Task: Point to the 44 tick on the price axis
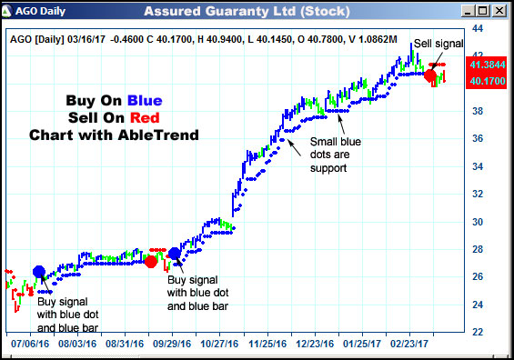coord(477,29)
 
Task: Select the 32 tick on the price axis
coord(477,195)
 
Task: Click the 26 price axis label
coord(477,277)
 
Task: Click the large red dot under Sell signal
coord(430,75)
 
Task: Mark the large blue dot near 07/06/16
coord(38,271)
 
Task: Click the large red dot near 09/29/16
coord(151,262)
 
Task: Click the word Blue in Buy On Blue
coord(146,101)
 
